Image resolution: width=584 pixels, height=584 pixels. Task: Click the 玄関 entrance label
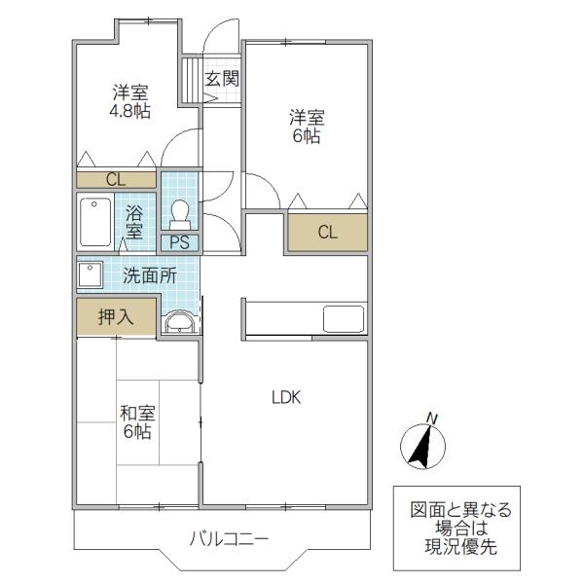pos(222,79)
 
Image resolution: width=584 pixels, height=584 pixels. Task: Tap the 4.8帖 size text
pos(130,111)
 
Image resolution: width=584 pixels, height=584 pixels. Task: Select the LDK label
pos(286,398)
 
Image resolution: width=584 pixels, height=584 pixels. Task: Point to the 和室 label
pos(137,414)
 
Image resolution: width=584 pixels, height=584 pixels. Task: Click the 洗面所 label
pos(150,276)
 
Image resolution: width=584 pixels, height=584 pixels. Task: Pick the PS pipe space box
pos(179,242)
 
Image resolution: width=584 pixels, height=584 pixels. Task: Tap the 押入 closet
pos(116,317)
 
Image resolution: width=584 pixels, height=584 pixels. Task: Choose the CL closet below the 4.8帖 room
pos(116,180)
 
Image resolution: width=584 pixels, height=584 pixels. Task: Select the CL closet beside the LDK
pos(327,232)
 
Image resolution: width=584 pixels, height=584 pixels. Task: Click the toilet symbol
pos(179,215)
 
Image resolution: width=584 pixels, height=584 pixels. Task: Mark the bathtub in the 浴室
pos(95,222)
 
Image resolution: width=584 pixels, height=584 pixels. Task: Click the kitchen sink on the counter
pos(344,319)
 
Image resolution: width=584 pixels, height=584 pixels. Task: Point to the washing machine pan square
pos(90,275)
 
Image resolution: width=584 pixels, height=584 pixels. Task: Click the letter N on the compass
pos(431,419)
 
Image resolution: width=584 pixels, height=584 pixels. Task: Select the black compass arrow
pos(420,447)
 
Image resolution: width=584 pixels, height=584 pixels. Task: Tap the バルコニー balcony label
pos(229,539)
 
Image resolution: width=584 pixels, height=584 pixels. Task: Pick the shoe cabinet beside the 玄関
pos(192,80)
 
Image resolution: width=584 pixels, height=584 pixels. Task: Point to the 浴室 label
pos(133,222)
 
